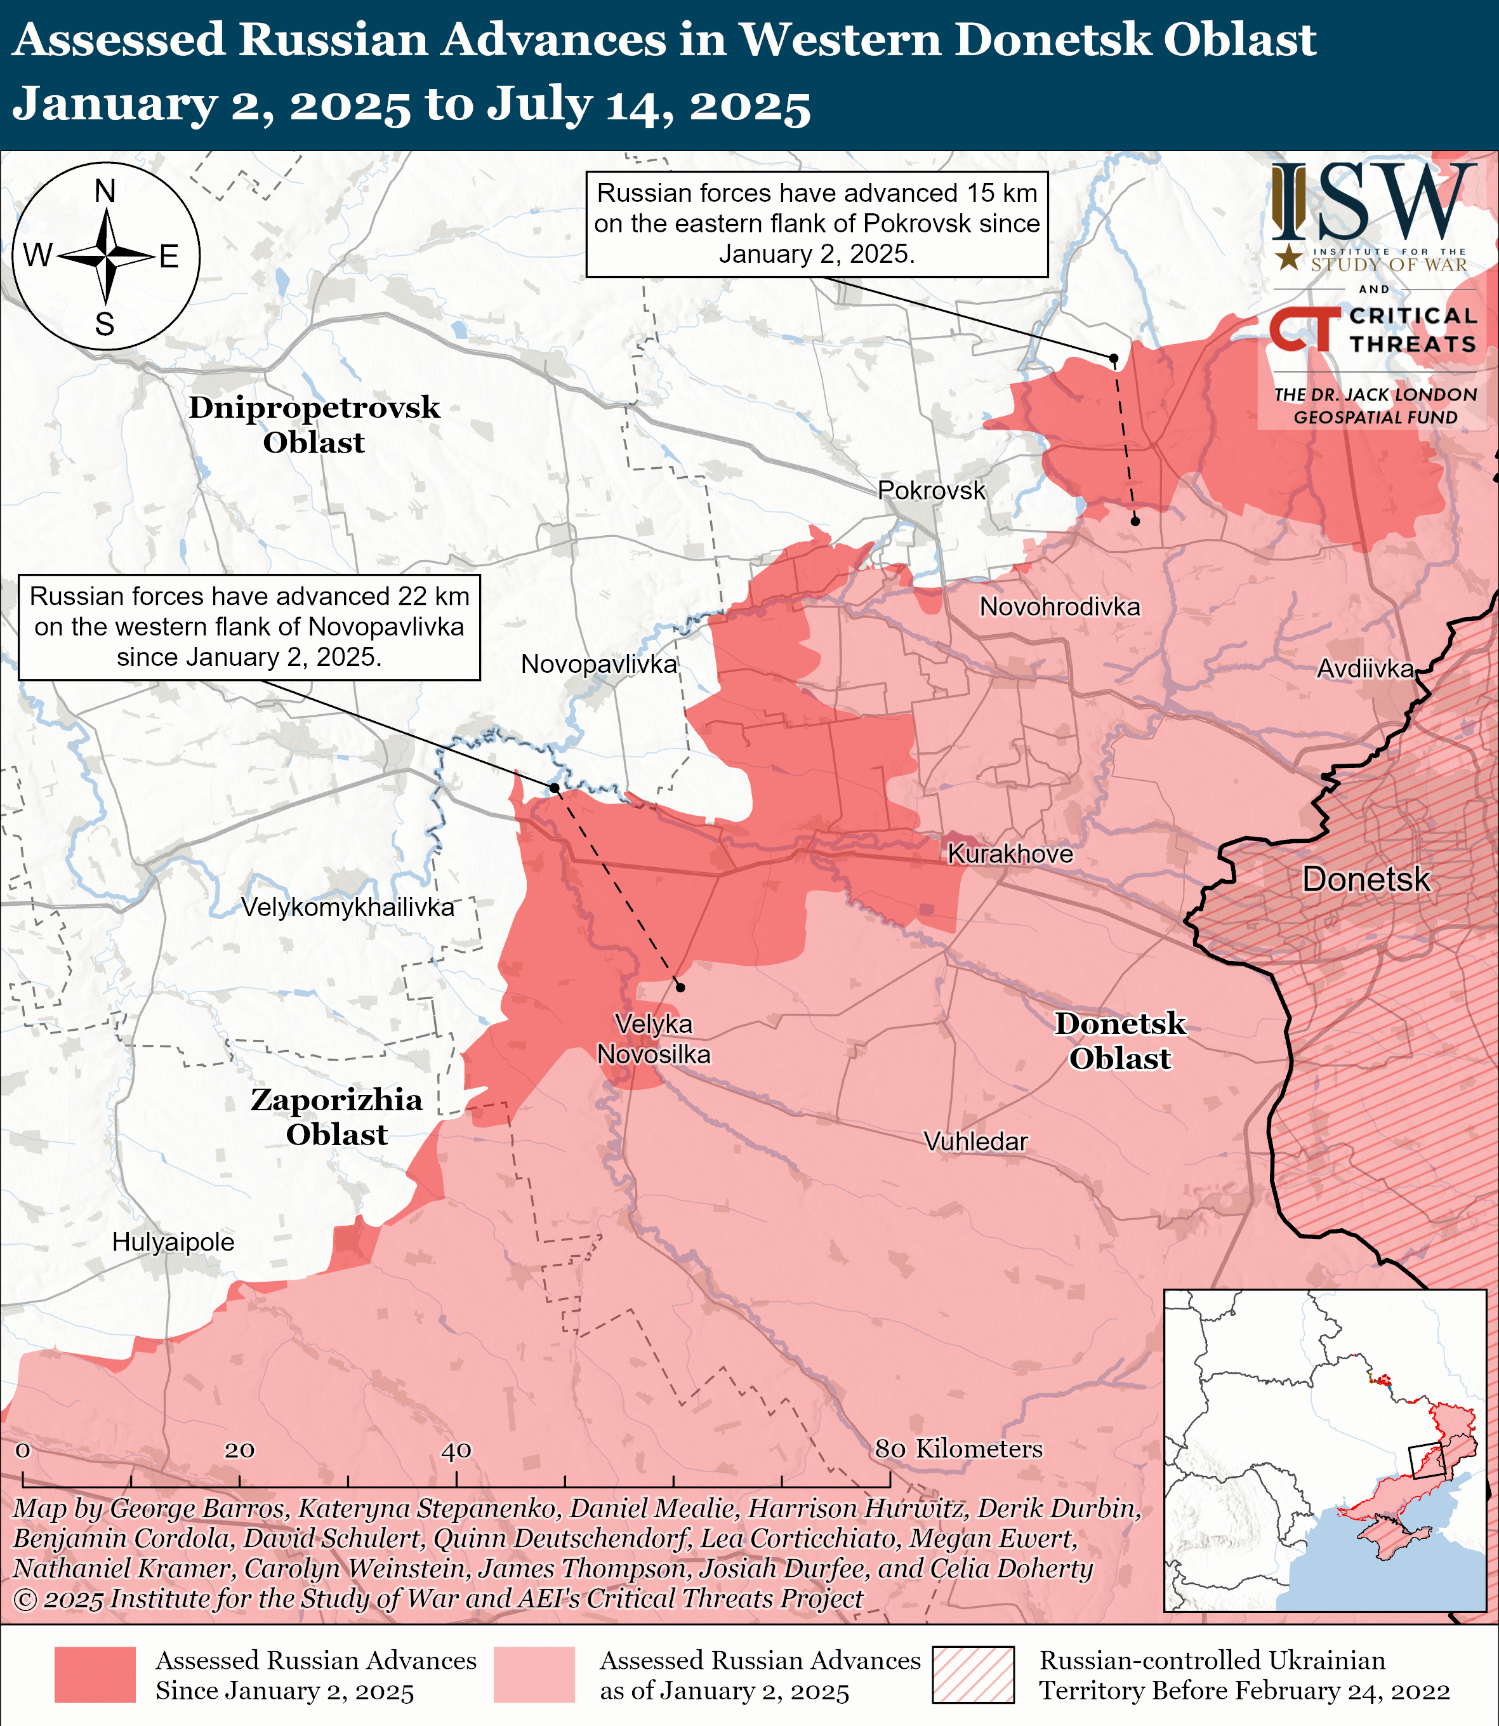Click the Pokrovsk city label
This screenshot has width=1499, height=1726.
click(931, 490)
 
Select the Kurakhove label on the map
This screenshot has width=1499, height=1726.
click(1010, 854)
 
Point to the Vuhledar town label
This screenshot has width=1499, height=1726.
click(975, 1141)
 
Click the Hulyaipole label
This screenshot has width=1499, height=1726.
click(173, 1242)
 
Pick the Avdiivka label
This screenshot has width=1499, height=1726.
click(1365, 668)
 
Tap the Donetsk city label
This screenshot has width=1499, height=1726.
click(1366, 879)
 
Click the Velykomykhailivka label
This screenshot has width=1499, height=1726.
click(347, 907)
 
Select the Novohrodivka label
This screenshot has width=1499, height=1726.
click(1060, 607)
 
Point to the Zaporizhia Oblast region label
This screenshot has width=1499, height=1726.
click(336, 1117)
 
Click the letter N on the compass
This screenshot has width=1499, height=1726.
click(105, 192)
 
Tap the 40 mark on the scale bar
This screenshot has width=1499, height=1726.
click(456, 1451)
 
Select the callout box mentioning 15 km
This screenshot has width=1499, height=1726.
click(816, 223)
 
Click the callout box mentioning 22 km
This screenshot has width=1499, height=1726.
click(249, 627)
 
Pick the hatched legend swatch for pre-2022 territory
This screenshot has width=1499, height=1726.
click(973, 1675)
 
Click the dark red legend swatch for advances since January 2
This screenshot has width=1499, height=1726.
click(95, 1675)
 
